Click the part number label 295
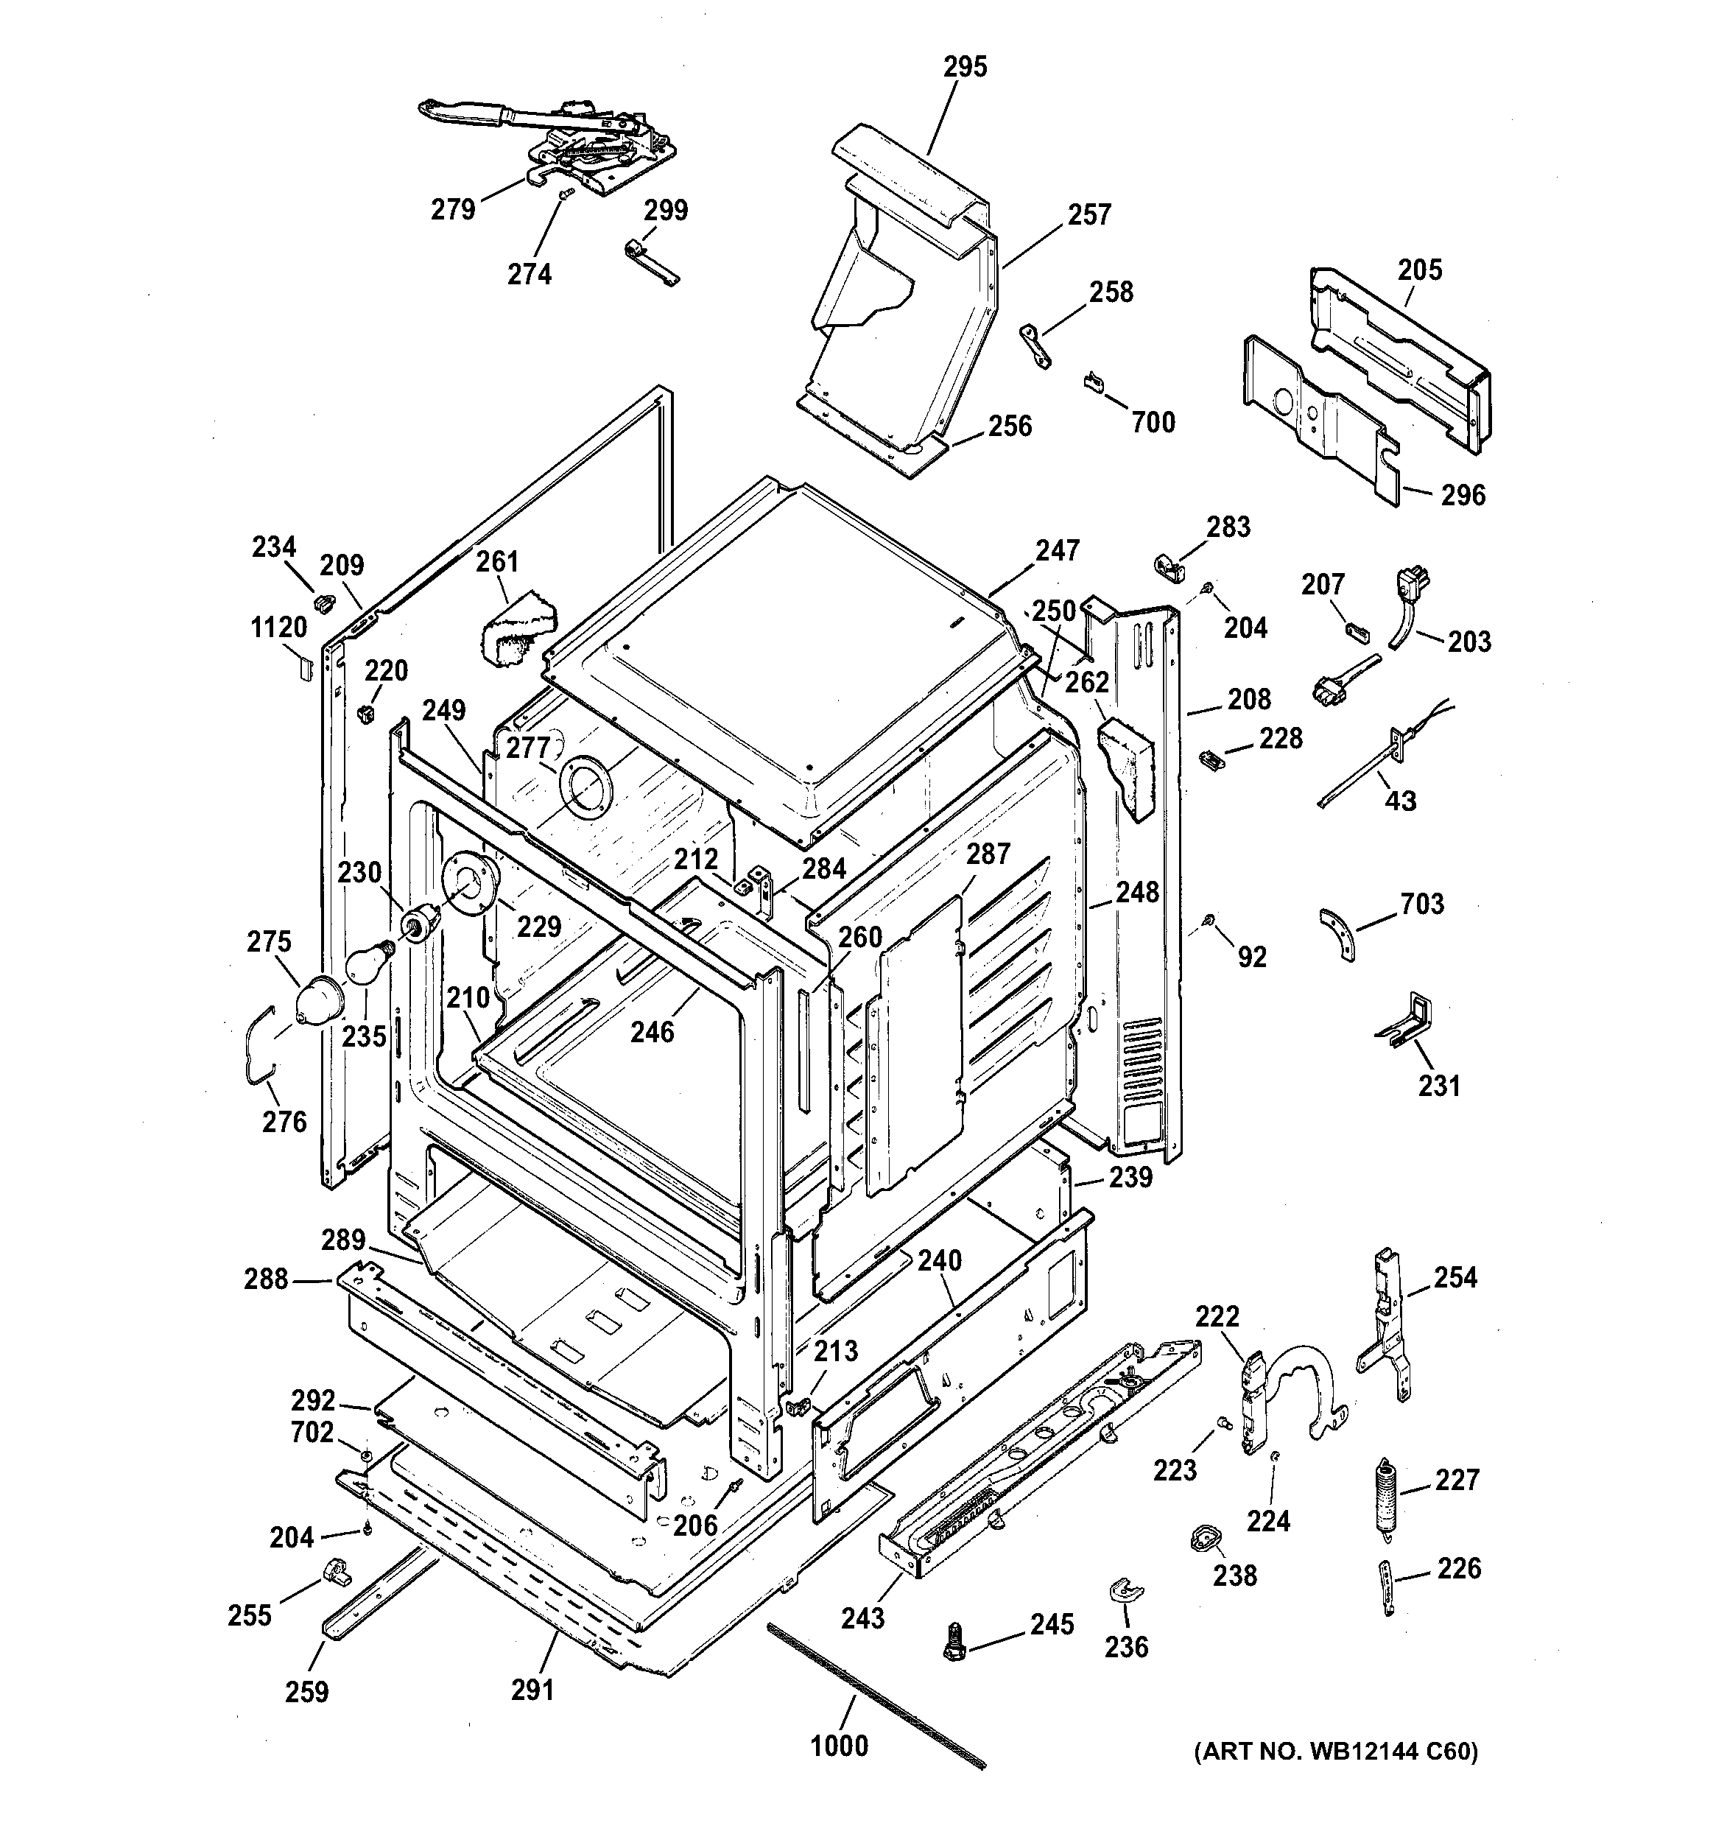[x=965, y=67]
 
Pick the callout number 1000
[x=839, y=1746]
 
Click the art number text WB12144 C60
[x=1336, y=1752]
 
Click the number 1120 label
[x=279, y=628]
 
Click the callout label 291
[x=532, y=1689]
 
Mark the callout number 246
[x=652, y=1033]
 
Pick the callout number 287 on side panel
[x=988, y=854]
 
